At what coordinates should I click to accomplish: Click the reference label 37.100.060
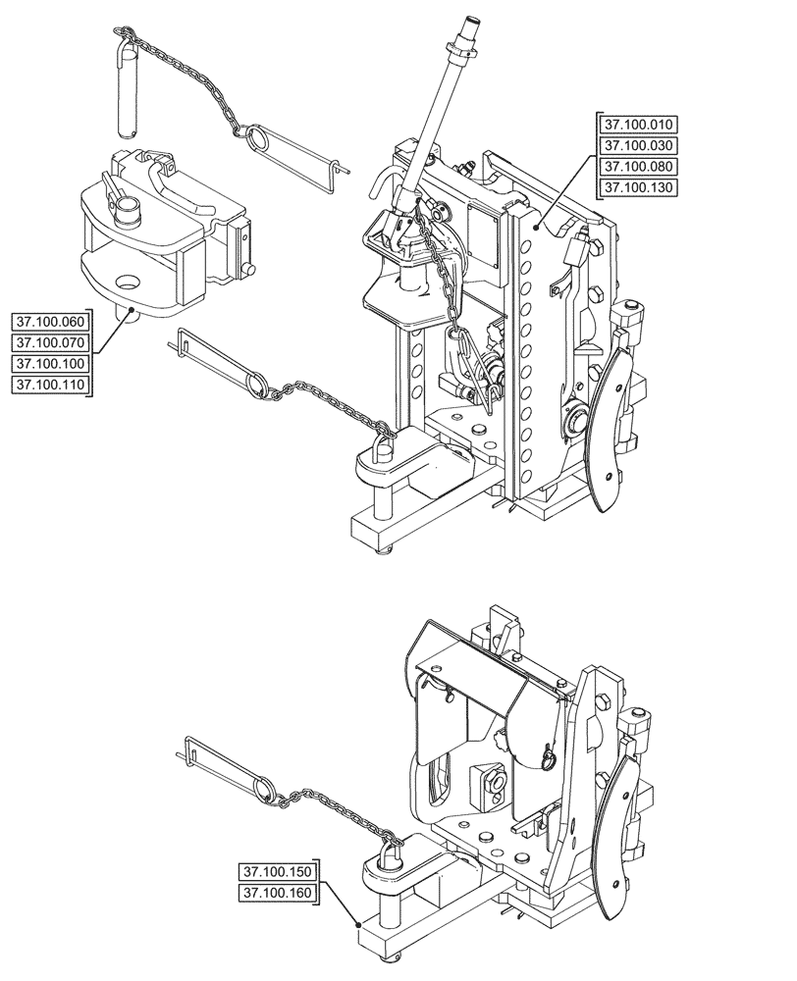(x=49, y=322)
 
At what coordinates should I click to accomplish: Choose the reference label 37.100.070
(x=49, y=342)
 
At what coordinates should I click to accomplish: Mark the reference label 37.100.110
(x=49, y=385)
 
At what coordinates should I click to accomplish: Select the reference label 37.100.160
(x=279, y=893)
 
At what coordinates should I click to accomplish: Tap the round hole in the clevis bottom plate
(x=128, y=284)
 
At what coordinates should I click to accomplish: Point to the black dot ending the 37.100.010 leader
(x=536, y=227)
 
